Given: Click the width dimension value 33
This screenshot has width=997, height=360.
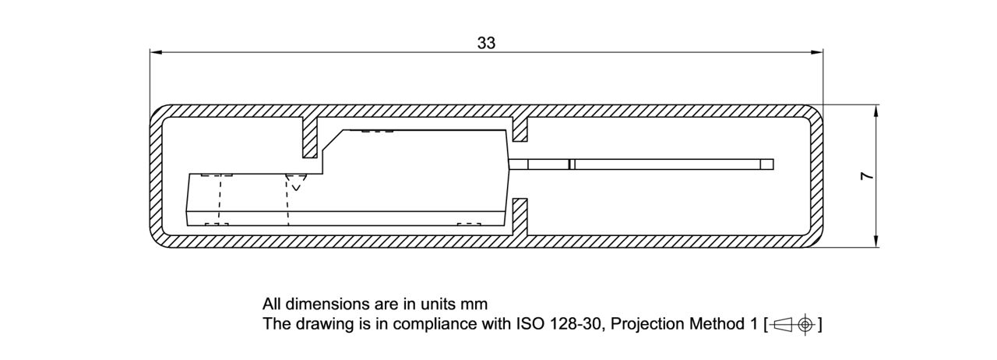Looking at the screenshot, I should pos(486,43).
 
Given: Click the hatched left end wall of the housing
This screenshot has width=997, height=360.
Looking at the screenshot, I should pos(156,176).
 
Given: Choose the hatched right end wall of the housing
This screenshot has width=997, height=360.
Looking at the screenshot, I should pos(816,176).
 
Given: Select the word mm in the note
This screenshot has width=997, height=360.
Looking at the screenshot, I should pos(475,304).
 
